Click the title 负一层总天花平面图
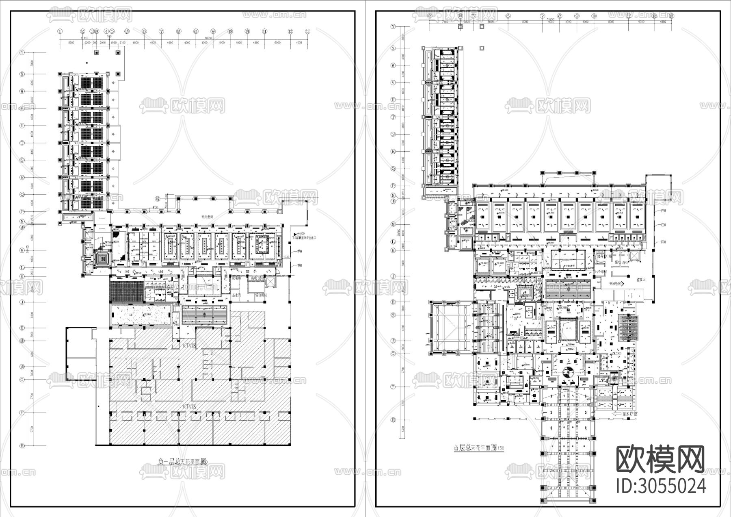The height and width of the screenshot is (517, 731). pyautogui.click(x=182, y=461)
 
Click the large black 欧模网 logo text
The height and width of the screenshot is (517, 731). pyautogui.click(x=660, y=459)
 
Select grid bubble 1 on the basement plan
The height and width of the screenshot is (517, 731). pyautogui.click(x=60, y=31)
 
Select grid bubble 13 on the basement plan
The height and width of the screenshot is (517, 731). pyautogui.click(x=308, y=31)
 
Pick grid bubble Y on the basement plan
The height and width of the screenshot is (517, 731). pyautogui.click(x=22, y=52)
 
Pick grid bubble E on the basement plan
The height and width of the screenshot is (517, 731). pyautogui.click(x=22, y=446)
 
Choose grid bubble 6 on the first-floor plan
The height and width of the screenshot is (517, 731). pyautogui.click(x=508, y=16)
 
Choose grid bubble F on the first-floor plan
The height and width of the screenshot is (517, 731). pyautogui.click(x=393, y=387)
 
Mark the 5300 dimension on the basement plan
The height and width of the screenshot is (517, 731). pyautogui.click(x=71, y=42)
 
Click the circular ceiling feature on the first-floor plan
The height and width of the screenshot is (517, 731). pyautogui.click(x=568, y=371)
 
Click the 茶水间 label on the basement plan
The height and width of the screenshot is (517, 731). pyautogui.click(x=237, y=295)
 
